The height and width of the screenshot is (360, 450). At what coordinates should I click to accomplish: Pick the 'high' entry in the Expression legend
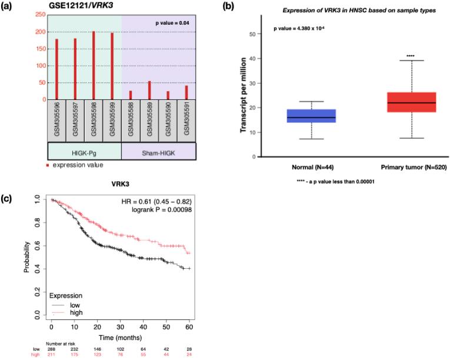pyautogui.click(x=75, y=312)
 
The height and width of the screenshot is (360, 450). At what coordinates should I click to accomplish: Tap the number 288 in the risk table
pyautogui.click(x=52, y=349)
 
